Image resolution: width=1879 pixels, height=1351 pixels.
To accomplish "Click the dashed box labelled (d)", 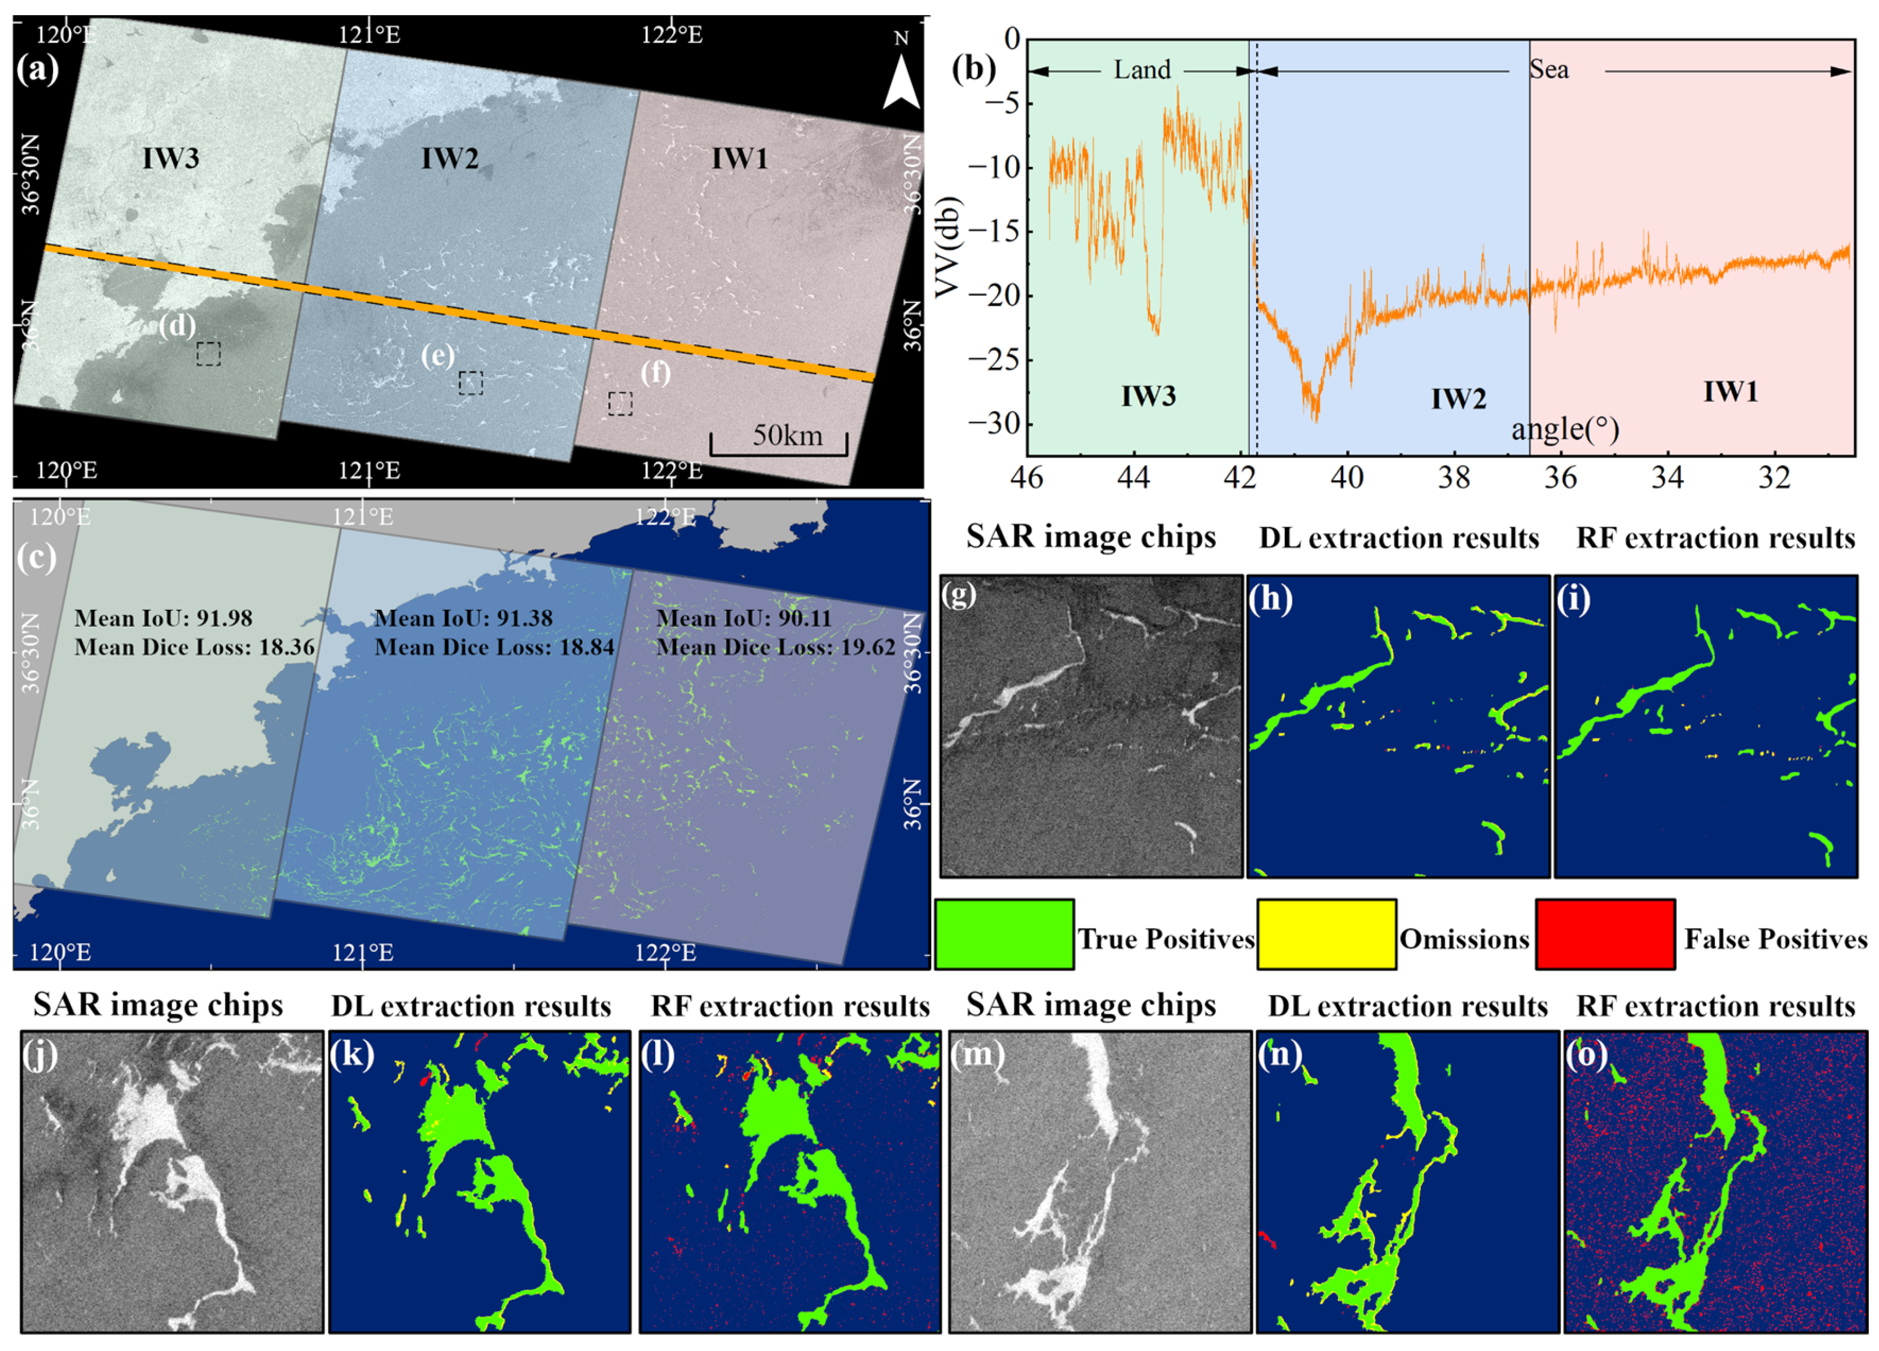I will tap(209, 354).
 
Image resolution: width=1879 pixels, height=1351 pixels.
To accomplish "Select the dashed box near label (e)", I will tap(471, 382).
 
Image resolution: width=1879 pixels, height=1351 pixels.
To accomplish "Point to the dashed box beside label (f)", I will tap(620, 403).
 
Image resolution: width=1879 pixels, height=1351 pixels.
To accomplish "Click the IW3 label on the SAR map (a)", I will tap(170, 158).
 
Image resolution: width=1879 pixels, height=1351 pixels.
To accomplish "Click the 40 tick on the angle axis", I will tap(1347, 478).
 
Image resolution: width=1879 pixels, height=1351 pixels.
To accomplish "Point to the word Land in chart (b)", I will tap(1142, 69).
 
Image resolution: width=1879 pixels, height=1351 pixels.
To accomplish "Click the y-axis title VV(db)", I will tap(947, 247).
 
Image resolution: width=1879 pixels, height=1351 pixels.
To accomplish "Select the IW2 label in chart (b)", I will tap(1458, 399).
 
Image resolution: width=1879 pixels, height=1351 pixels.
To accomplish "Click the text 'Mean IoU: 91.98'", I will tap(163, 618).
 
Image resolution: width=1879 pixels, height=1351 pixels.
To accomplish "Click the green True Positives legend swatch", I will tap(1004, 934).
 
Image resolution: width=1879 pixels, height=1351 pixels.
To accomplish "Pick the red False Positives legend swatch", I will tap(1605, 934).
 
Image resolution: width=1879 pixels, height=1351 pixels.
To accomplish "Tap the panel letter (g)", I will tap(959, 594).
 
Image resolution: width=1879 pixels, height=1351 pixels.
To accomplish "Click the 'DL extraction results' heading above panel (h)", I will tap(1398, 538).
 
